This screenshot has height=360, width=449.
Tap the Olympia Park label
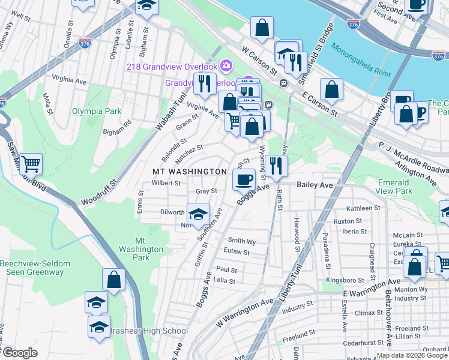click(x=97, y=111)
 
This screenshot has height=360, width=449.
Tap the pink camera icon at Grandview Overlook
click(x=226, y=65)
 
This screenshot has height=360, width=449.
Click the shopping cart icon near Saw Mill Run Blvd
click(x=31, y=163)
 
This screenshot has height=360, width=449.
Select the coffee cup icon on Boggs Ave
click(x=244, y=179)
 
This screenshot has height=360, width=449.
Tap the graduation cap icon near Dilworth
click(x=197, y=212)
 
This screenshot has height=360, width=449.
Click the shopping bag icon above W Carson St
click(x=262, y=27)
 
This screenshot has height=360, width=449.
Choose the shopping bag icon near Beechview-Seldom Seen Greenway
click(x=113, y=279)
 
